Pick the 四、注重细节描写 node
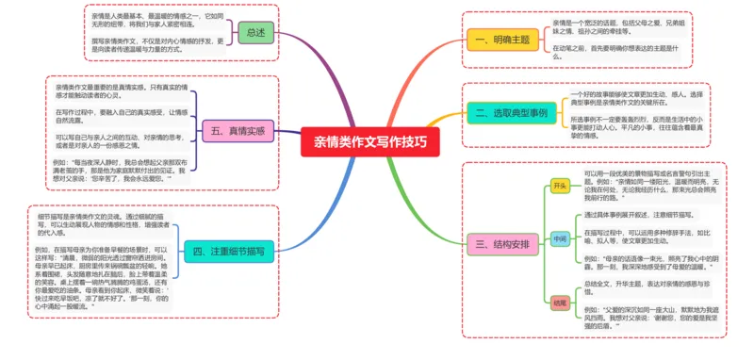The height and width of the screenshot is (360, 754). pyautogui.click(x=227, y=252)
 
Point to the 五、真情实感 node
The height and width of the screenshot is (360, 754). pyautogui.click(x=234, y=130)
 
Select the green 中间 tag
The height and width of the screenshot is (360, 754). pyautogui.click(x=559, y=239)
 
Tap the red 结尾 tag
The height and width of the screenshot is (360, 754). pyautogui.click(x=559, y=303)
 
